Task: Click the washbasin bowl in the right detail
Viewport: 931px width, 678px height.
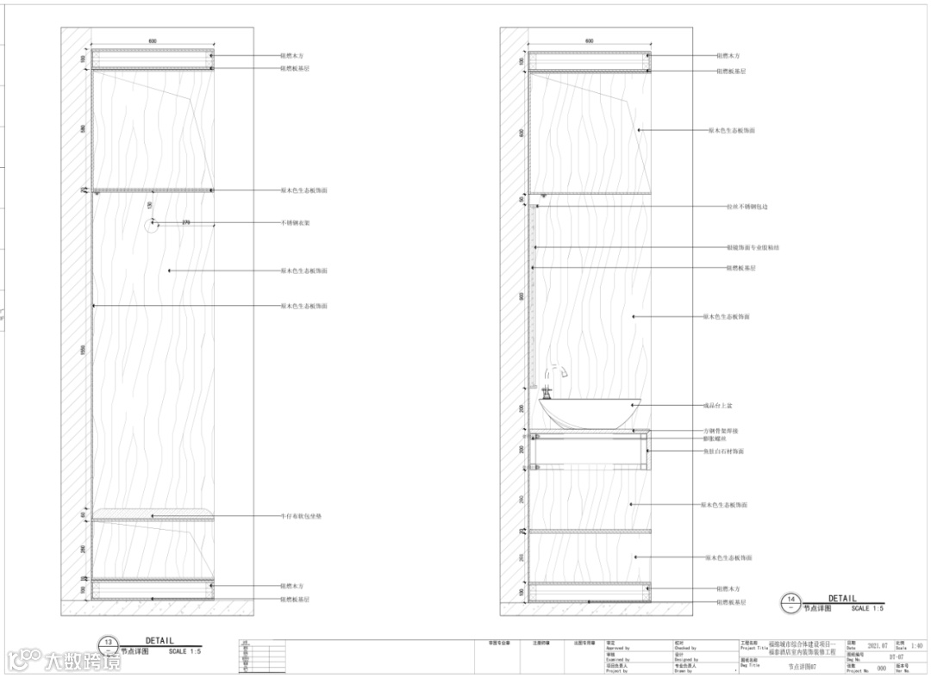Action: click(591, 412)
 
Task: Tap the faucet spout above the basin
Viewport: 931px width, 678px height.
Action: click(555, 371)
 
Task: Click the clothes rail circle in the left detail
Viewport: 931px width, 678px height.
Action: click(153, 224)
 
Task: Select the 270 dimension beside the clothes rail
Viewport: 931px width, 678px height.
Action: click(185, 222)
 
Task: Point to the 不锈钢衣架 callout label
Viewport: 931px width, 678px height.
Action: click(296, 223)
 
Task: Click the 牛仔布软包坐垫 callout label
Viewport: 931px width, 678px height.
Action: click(301, 516)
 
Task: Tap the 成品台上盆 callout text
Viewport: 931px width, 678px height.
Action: click(718, 405)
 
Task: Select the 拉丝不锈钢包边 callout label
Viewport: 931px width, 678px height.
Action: click(747, 207)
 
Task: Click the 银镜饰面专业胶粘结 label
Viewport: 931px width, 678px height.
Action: click(753, 247)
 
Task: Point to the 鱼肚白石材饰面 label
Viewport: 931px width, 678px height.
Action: click(723, 451)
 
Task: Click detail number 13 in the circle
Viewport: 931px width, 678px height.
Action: click(109, 642)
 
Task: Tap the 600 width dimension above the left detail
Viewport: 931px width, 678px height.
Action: click(153, 40)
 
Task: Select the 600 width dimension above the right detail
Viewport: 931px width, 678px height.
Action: click(590, 40)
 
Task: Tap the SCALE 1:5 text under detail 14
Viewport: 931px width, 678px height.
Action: click(866, 608)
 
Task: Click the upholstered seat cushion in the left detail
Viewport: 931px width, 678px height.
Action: click(153, 513)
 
